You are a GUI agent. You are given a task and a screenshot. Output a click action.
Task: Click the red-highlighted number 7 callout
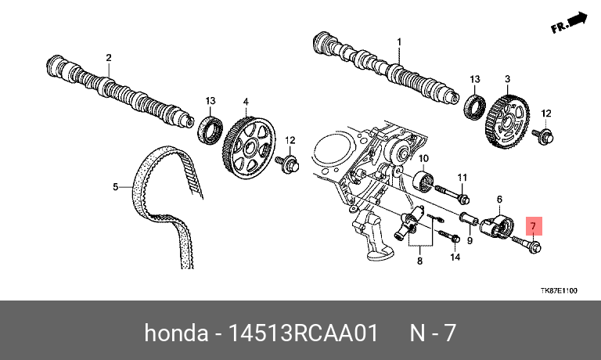pos(534,226)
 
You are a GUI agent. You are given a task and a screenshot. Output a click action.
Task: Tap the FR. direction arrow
pos(570,23)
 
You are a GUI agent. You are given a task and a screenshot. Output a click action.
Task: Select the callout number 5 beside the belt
pos(115,187)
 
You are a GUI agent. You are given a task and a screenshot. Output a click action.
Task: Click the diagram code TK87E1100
pos(559,290)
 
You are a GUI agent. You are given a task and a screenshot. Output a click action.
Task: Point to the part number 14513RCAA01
pos(303,333)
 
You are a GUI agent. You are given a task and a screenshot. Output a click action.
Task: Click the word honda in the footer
pos(176,333)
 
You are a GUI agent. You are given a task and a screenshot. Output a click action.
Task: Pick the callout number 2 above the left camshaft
pos(109,57)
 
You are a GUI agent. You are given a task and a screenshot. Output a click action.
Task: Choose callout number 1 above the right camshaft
pos(399,41)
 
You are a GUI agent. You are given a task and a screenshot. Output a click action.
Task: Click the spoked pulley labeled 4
pos(249,147)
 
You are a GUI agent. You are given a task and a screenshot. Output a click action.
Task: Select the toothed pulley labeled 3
pos(507,123)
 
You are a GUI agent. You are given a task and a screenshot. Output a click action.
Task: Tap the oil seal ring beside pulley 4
pos(210,131)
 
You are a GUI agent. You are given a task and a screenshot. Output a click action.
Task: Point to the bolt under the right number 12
pos(543,135)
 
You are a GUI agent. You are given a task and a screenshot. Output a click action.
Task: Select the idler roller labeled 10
pos(423,182)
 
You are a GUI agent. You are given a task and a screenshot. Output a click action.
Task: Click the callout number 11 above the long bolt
pos(462,178)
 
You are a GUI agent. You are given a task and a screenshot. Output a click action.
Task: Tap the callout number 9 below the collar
pos(470,240)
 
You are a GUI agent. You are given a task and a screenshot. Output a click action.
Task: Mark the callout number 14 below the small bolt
pos(455,257)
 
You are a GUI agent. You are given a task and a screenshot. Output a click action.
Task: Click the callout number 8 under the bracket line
pos(419,261)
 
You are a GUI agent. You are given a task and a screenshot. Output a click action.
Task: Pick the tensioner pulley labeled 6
pos(496,228)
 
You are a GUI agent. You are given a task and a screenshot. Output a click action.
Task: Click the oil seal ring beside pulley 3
pos(475,106)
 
